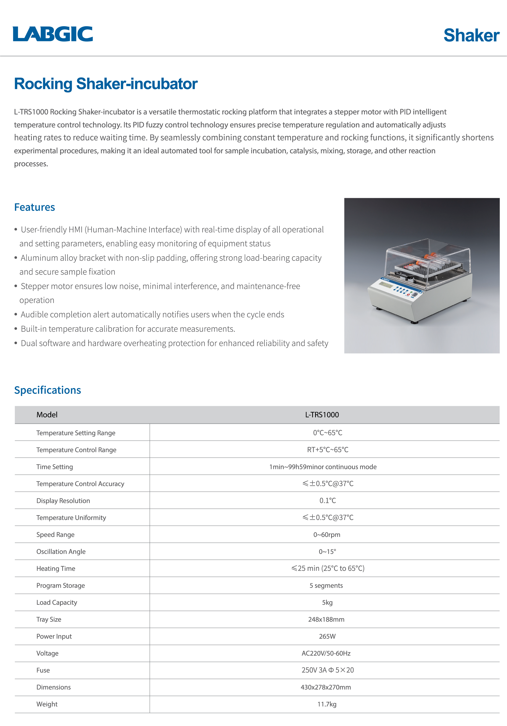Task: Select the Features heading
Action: pyautogui.click(x=34, y=207)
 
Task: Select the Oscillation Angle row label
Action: pyautogui.click(x=61, y=552)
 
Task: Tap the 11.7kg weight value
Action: pyautogui.click(x=327, y=704)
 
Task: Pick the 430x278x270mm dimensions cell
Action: pyautogui.click(x=326, y=687)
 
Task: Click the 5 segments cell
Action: pyautogui.click(x=326, y=585)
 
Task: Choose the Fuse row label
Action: pyautogui.click(x=43, y=670)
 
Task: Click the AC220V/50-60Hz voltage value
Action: pyautogui.click(x=326, y=653)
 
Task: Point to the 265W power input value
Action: pyautogui.click(x=327, y=636)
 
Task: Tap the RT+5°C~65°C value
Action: pyautogui.click(x=328, y=450)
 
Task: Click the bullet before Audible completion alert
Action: pyautogui.click(x=16, y=314)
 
